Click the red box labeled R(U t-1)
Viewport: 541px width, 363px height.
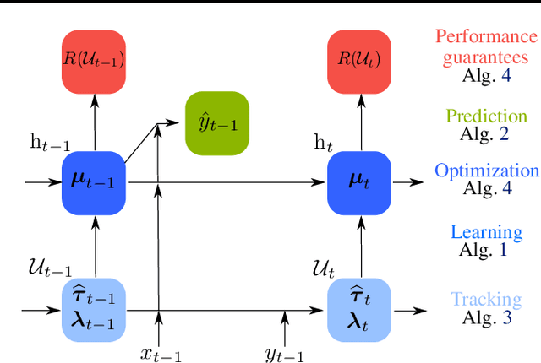click(94, 62)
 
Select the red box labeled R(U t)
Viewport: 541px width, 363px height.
click(359, 62)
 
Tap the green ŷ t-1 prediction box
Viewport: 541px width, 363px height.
click(217, 123)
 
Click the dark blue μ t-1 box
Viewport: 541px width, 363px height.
click(94, 182)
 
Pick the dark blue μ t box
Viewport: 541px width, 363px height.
click(359, 182)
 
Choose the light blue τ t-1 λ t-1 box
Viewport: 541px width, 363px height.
click(94, 309)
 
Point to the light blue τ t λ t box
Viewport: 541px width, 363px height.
click(359, 309)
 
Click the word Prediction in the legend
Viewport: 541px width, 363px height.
click(486, 116)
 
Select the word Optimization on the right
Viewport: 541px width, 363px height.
click(486, 171)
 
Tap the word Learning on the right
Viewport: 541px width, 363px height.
click(486, 232)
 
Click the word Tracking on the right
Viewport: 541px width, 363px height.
click(486, 300)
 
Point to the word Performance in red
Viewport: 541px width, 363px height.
click(486, 37)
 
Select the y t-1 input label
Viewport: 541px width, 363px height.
click(285, 354)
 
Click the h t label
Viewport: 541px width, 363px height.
click(324, 144)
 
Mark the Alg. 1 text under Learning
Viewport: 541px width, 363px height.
click(486, 249)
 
